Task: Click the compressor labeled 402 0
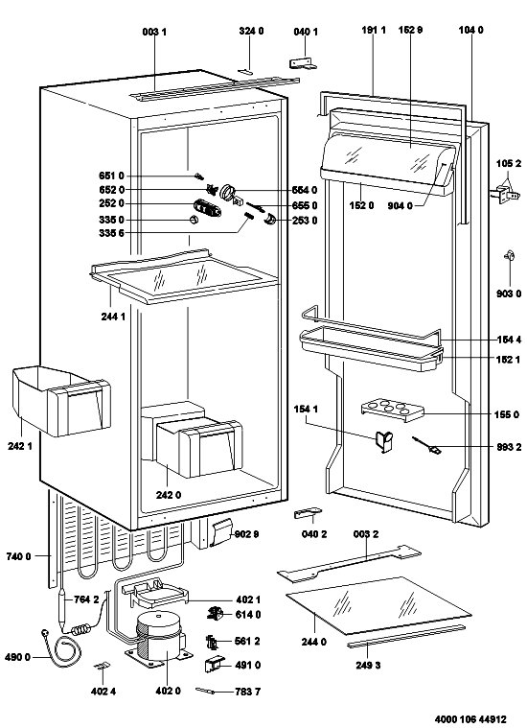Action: (x=159, y=639)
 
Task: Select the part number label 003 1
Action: (x=154, y=32)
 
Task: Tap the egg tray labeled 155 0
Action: (x=393, y=410)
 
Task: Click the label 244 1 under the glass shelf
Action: (x=113, y=317)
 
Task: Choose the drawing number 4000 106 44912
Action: (x=470, y=719)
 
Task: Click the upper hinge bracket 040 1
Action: (x=304, y=63)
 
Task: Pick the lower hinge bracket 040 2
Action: (x=308, y=513)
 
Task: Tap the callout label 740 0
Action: (x=18, y=556)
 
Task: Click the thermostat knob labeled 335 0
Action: (x=195, y=220)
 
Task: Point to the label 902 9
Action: (x=246, y=534)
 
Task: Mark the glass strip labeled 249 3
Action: (x=406, y=636)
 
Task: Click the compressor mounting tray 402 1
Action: (x=155, y=594)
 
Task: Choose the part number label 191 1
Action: (x=374, y=30)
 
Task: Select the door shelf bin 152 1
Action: (x=371, y=349)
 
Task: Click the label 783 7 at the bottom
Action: (x=248, y=692)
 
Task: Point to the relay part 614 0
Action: (x=214, y=614)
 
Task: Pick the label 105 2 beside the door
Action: (x=509, y=163)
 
